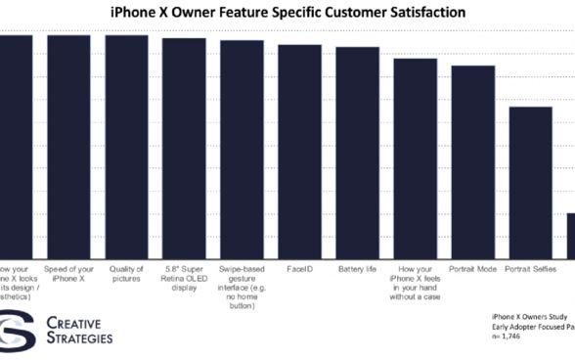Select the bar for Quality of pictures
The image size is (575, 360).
[x=127, y=147]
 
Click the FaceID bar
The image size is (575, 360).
[x=299, y=152]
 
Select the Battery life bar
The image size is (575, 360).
[x=357, y=153]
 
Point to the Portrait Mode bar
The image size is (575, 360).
[x=472, y=162]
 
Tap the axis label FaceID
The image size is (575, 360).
[x=299, y=268]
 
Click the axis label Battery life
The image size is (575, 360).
[x=357, y=268]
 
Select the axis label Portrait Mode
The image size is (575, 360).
[x=472, y=268]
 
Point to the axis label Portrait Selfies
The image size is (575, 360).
[x=530, y=268]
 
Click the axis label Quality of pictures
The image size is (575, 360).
[x=127, y=273]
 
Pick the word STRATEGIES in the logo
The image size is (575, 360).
[x=79, y=338]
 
